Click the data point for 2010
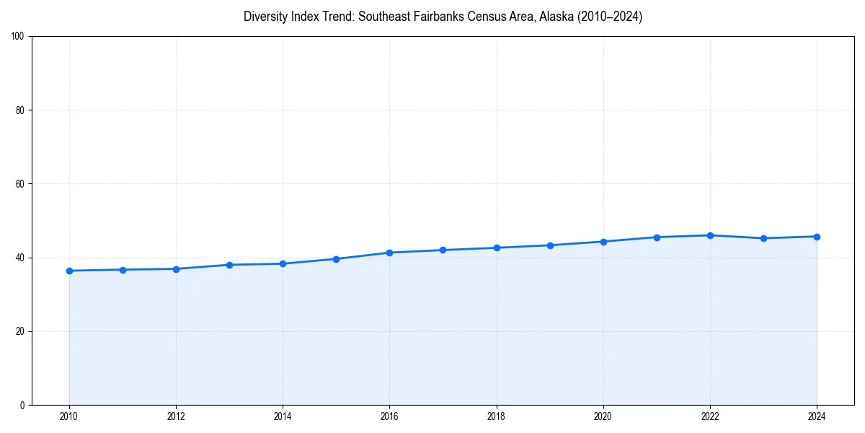pos(69,271)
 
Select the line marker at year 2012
pos(176,269)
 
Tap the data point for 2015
pos(337,259)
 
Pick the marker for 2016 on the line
pos(389,253)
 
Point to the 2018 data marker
pos(497,248)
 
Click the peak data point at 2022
pos(710,235)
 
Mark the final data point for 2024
pos(817,237)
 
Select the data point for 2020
pos(603,242)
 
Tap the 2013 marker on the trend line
pos(229,265)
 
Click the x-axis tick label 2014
pos(283,416)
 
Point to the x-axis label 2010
pos(69,416)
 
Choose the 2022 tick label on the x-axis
pos(710,416)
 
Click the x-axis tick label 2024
pos(817,416)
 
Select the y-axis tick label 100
pos(19,37)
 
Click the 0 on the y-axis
pos(23,405)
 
